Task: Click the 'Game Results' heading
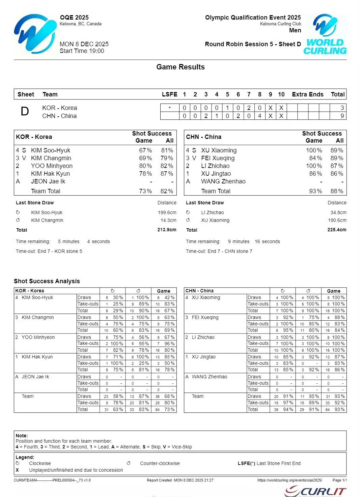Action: click(x=181, y=67)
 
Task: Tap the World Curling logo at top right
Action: click(x=325, y=34)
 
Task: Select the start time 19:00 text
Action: click(x=82, y=51)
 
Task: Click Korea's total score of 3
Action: click(x=342, y=108)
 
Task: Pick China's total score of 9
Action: click(x=342, y=116)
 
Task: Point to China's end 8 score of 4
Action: click(x=259, y=116)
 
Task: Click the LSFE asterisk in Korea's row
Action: click(x=170, y=108)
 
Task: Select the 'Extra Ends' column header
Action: click(x=307, y=94)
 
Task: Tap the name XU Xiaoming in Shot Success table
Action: click(x=219, y=150)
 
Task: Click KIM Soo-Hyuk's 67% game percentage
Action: click(x=145, y=150)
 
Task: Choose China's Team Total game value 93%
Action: click(x=315, y=191)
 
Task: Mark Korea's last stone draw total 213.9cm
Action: click(x=167, y=230)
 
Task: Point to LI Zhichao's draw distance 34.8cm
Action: click(x=338, y=212)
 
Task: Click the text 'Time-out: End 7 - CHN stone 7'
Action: click(x=219, y=251)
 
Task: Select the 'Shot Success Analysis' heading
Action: click(x=47, y=281)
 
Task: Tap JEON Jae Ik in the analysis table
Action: click(x=35, y=377)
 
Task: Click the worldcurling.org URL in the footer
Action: click(x=289, y=480)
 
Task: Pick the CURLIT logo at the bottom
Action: click(x=315, y=491)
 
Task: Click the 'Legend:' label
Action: click(x=25, y=457)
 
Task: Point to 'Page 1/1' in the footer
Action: click(x=339, y=480)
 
